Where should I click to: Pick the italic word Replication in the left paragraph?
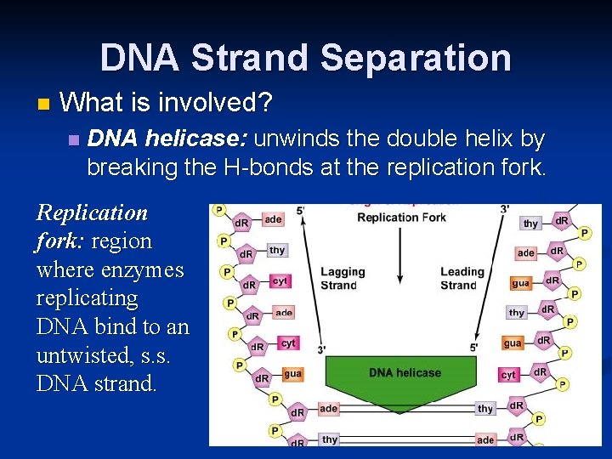pyautogui.click(x=92, y=212)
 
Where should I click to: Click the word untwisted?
pyautogui.click(x=76, y=355)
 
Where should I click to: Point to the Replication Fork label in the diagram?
pyautogui.click(x=401, y=218)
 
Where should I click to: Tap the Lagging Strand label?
pyautogui.click(x=343, y=279)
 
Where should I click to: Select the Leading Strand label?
pyautogui.click(x=462, y=279)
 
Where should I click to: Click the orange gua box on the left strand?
pyautogui.click(x=292, y=373)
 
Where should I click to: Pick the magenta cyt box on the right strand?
pyautogui.click(x=508, y=374)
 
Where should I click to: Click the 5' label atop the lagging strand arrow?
pyautogui.click(x=300, y=210)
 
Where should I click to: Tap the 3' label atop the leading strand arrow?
pyautogui.click(x=504, y=210)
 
